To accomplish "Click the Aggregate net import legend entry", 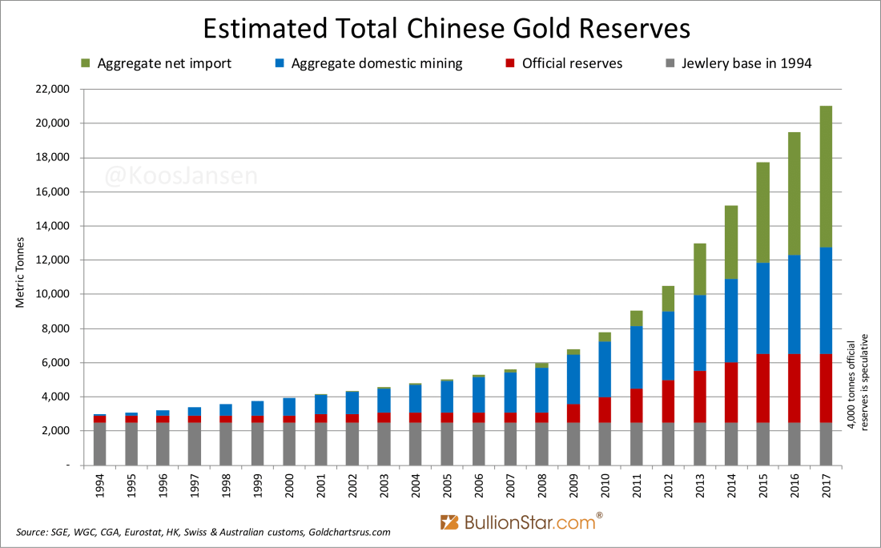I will pos(156,63).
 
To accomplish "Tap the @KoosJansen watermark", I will pos(182,176).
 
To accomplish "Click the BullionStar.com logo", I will pos(520,523).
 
